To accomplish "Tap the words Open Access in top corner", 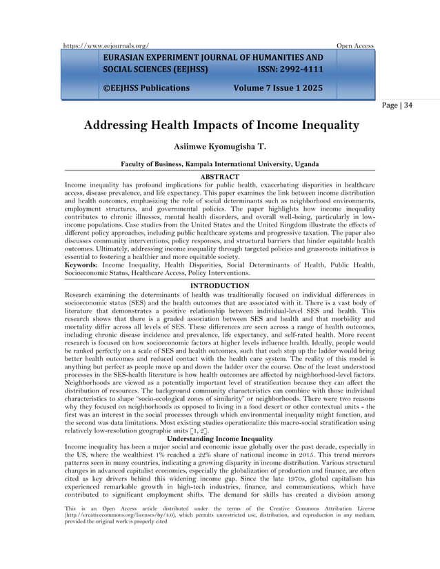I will click(x=354, y=46).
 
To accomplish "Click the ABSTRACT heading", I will click(x=219, y=178).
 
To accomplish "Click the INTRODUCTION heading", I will click(x=219, y=285).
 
